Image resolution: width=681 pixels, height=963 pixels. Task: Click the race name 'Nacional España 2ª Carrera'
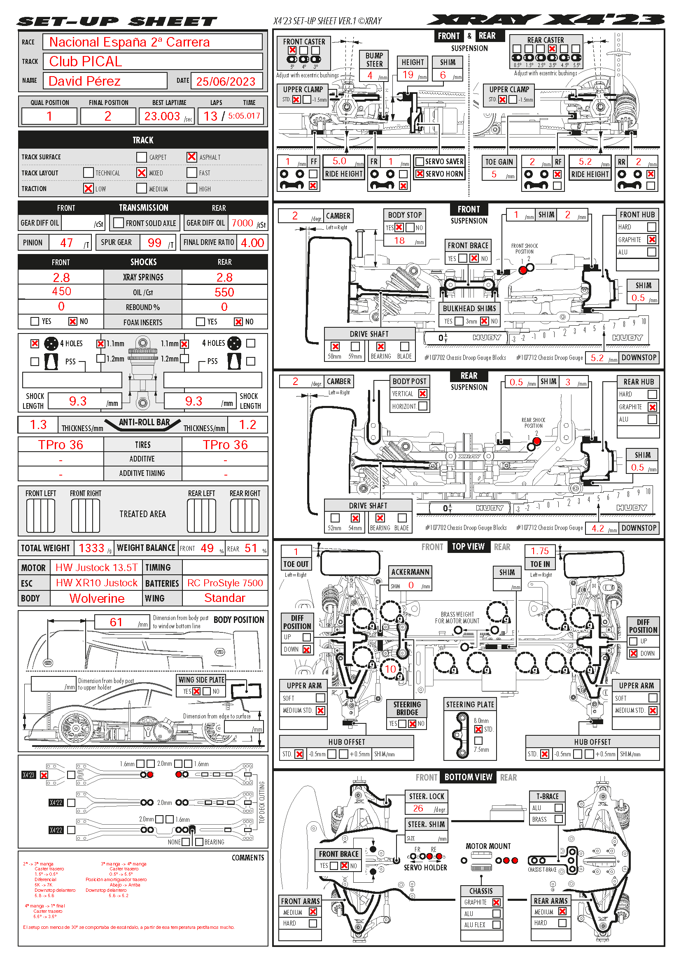(129, 42)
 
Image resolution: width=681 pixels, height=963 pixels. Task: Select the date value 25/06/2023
(226, 82)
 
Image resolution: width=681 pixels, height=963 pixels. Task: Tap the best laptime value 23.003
(162, 116)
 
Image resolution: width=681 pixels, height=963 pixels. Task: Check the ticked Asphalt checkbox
(191, 157)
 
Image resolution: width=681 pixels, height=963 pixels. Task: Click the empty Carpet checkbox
(141, 157)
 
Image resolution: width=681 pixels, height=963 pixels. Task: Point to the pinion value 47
(66, 243)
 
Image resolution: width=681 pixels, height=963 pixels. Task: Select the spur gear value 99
(154, 243)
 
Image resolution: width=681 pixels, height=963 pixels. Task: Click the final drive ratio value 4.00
(252, 243)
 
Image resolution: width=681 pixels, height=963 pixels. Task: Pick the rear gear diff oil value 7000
(243, 223)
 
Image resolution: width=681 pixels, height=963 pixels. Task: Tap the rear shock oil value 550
(224, 292)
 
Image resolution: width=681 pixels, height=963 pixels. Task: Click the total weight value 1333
(91, 548)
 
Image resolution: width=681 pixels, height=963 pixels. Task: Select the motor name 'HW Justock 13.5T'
(97, 567)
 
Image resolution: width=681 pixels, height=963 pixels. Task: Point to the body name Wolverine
(97, 599)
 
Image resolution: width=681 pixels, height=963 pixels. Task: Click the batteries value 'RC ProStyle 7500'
(225, 583)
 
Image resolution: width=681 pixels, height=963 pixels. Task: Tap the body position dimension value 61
(116, 622)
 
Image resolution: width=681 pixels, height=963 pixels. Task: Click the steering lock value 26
(418, 808)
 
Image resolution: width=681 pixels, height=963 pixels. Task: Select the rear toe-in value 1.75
(540, 551)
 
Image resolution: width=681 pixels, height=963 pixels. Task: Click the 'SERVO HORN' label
(444, 174)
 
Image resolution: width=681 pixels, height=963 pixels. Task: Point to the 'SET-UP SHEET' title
(117, 21)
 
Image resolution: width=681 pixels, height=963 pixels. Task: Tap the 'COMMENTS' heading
(248, 858)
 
